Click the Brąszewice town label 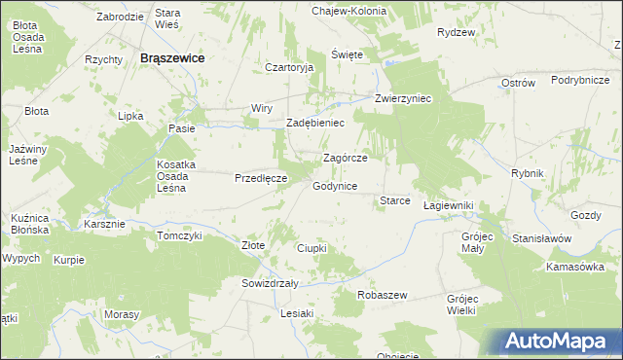(171, 58)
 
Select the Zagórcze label (345, 158)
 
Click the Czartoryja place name (289, 68)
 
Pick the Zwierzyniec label (403, 98)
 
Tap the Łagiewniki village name (449, 206)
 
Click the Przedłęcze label (260, 179)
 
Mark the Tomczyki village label (179, 235)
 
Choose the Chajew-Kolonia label (348, 11)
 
